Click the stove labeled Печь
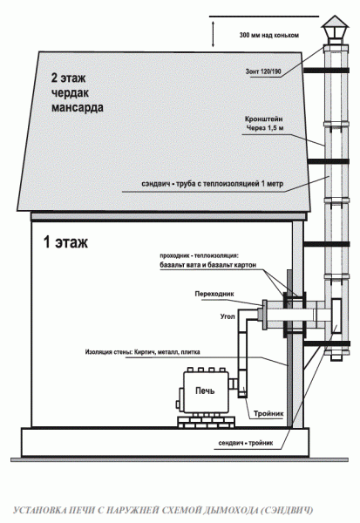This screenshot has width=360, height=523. pos(202,391)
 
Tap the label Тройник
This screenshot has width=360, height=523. pos(268,413)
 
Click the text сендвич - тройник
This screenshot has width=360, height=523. pos(246,443)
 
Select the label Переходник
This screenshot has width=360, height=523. pos(214,294)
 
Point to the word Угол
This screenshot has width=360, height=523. pos(228,316)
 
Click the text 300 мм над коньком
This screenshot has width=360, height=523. pos(269,35)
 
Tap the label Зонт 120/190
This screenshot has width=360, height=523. pos(263,71)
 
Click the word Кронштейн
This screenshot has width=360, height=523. pos(264,119)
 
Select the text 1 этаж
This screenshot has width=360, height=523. pos(65,241)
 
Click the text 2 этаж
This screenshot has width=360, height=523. pos(68,78)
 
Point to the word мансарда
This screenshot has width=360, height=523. pos(77,107)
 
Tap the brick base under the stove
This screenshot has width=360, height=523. pos(207,422)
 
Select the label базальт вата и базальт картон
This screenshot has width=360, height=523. pos(208,265)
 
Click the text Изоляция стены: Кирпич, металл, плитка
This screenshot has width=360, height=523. pos(142,352)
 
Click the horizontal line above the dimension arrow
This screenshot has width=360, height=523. pos(264,16)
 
